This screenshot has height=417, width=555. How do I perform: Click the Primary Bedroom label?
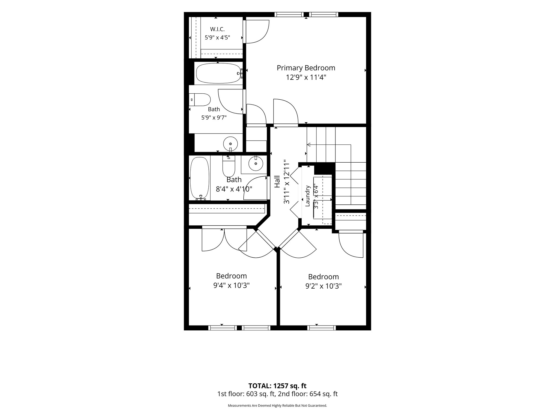pos(306,68)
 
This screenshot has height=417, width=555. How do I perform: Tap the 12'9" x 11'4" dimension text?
pos(306,78)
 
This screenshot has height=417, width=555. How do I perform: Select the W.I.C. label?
pos(217,29)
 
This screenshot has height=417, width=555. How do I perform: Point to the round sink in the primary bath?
pos(230,144)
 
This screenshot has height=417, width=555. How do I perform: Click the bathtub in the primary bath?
pos(218,73)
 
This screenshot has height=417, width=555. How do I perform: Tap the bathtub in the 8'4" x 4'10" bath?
pos(200,178)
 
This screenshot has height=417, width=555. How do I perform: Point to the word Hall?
pos(277,182)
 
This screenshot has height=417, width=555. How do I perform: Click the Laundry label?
pos(308,196)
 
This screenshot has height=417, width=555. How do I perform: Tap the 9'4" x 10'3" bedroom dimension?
pos(231,285)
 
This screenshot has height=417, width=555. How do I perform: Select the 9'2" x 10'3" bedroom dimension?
pos(324,286)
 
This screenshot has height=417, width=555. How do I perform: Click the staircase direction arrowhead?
pos(308,144)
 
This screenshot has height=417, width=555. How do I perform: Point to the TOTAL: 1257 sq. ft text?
pos(277,386)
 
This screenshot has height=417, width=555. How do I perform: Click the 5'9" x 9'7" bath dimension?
pos(214,118)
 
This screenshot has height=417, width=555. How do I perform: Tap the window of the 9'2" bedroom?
pos(322,328)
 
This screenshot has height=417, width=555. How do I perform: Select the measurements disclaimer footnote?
pos(277,406)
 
